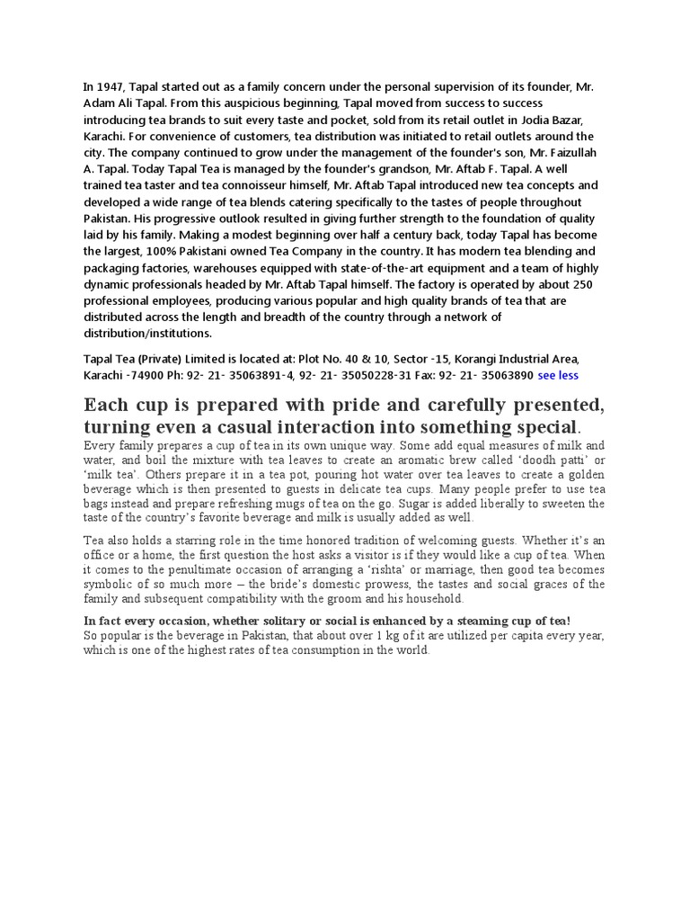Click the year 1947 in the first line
111,87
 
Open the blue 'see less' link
560,374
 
